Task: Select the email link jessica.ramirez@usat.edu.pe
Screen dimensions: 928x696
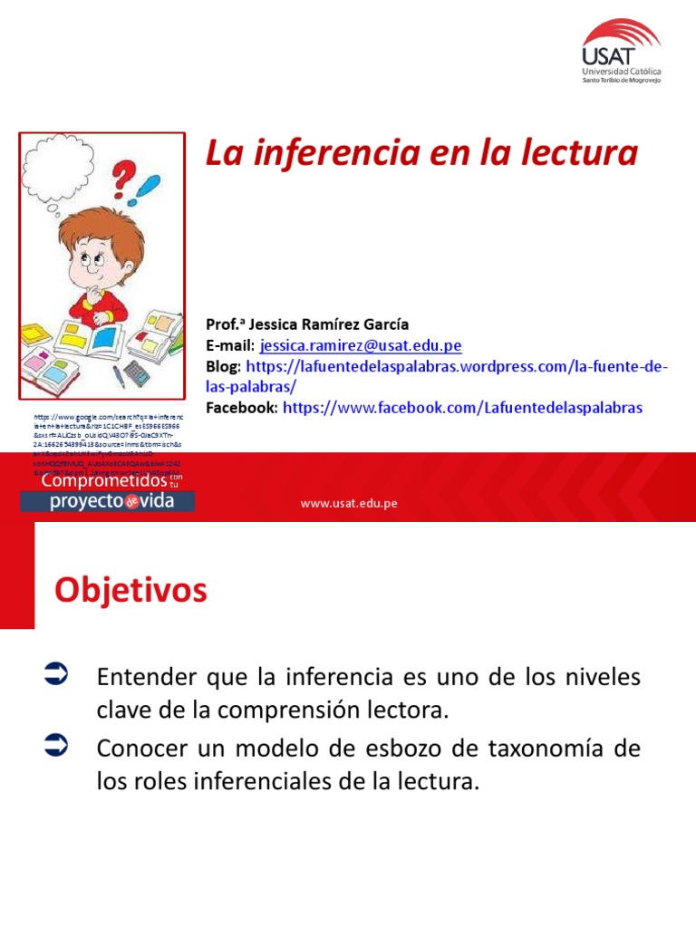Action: click(361, 345)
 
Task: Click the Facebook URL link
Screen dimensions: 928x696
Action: click(462, 408)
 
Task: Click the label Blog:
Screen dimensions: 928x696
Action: click(224, 367)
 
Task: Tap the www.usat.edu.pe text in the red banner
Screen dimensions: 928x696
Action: click(349, 503)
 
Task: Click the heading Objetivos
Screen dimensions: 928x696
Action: click(130, 591)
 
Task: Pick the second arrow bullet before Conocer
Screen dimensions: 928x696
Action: click(55, 746)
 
